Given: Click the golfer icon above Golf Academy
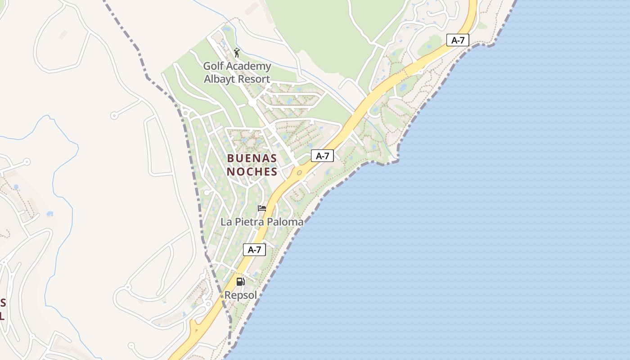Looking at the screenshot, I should click(x=237, y=53).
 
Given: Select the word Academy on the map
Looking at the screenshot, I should click(x=248, y=67).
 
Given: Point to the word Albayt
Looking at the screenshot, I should click(x=220, y=79).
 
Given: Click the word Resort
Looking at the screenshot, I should click(x=254, y=79).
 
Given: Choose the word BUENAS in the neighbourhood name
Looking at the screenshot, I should click(x=252, y=158).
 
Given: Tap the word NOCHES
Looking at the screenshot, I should click(x=252, y=172).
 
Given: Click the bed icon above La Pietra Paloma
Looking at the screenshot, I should click(x=262, y=208).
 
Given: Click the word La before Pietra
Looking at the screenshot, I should click(x=226, y=222).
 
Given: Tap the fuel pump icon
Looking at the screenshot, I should click(x=241, y=282).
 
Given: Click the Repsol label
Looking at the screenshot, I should click(x=241, y=296).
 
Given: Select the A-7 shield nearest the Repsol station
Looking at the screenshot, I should click(x=254, y=250).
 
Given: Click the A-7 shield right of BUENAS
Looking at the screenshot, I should click(x=322, y=156).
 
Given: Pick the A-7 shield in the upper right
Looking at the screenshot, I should click(x=458, y=40).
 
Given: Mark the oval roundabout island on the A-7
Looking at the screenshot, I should click(x=299, y=172).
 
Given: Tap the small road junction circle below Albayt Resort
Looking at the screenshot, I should click(x=252, y=103).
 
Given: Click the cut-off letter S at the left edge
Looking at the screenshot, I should click(x=3, y=302).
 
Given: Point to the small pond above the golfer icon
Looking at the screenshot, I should click(x=226, y=29).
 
